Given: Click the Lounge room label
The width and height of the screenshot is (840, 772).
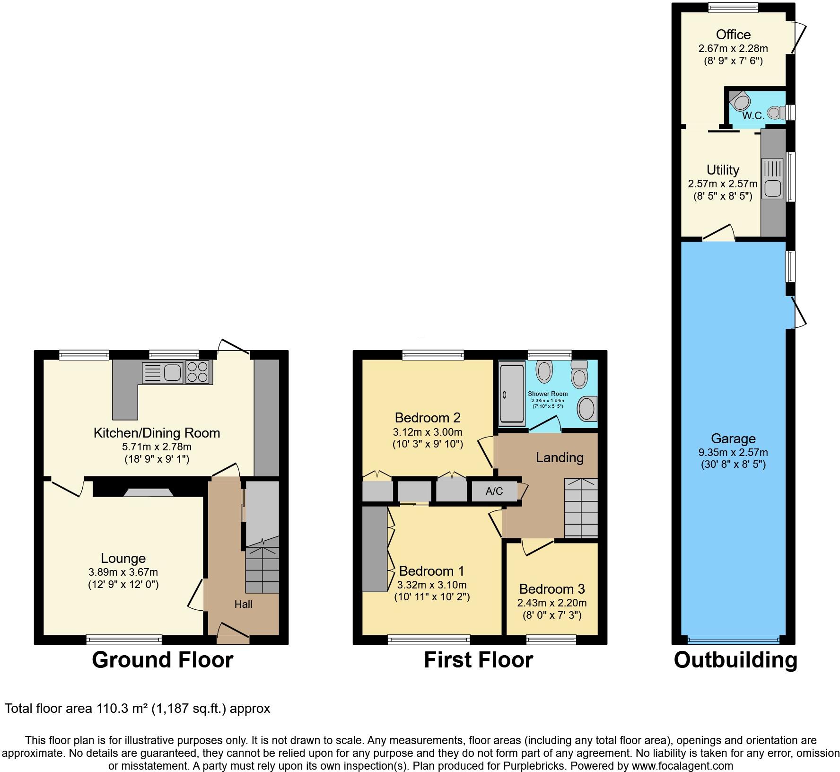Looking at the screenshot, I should coord(123,558).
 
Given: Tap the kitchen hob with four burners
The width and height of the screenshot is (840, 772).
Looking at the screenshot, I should coord(199,372).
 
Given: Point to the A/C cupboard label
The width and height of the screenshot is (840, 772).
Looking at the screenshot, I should coord(494,491).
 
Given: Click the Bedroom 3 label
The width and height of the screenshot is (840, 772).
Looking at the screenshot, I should coord(551,589).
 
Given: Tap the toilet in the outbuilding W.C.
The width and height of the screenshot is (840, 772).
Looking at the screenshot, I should coord(775,113).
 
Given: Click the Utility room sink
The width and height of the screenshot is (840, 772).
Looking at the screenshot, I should coord(772,188).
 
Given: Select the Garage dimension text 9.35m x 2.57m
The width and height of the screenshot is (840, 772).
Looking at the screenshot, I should coord(733,452).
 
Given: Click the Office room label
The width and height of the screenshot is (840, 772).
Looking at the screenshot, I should coord(733,35).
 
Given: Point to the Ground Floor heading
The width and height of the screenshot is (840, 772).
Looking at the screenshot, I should coord(162,660).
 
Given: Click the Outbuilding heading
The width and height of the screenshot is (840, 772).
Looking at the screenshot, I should coord(735,660).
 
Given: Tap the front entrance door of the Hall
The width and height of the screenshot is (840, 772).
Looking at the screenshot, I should coord(233,632).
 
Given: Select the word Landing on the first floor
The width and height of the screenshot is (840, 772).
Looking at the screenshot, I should coord(559,457).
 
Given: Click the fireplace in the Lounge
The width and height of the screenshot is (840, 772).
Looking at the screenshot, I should coord(149,492).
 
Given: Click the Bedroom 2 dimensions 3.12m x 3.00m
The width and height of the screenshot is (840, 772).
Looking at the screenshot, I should coord(427,432).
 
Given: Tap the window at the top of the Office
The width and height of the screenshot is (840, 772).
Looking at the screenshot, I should coord(733,7).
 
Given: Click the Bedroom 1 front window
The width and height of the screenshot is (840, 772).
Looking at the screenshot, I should coord(429,640).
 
